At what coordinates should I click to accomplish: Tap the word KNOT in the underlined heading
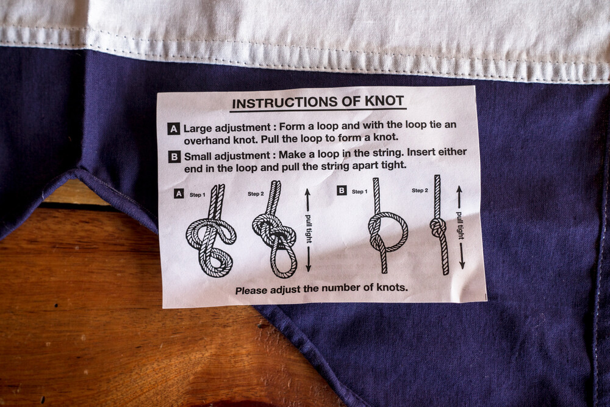[384, 101]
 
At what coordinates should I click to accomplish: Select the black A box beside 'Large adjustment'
[173, 129]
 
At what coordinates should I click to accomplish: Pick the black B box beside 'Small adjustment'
[174, 156]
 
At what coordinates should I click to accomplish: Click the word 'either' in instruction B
[453, 152]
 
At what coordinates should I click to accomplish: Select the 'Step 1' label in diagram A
[198, 194]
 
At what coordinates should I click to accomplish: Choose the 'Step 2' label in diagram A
[256, 194]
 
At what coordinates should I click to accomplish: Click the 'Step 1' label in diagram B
[359, 191]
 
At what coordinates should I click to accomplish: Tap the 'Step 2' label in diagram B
[420, 190]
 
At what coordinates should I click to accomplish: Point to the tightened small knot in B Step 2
[439, 227]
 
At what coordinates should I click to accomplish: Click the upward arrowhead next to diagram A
[307, 193]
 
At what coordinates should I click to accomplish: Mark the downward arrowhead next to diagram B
[462, 265]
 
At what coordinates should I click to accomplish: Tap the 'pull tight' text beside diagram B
[460, 226]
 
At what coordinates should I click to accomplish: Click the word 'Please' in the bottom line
[251, 290]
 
